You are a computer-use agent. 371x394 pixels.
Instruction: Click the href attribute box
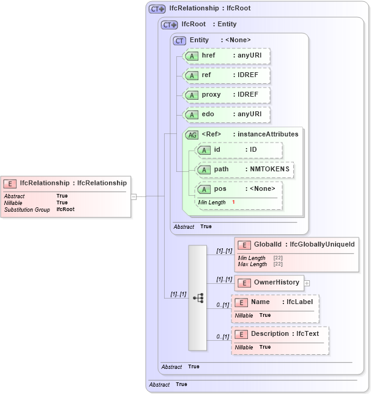pos(227,56)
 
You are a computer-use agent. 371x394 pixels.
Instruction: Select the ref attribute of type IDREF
pos(227,75)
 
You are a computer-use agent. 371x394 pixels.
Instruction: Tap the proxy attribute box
pos(227,95)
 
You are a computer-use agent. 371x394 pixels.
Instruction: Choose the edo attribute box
pos(227,114)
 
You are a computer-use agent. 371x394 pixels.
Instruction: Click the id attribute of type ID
pos(238,150)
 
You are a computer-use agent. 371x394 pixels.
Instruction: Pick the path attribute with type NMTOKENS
pos(244,169)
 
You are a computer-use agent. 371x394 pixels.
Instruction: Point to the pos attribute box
pos(238,189)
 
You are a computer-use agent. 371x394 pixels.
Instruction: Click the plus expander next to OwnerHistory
pos(307,283)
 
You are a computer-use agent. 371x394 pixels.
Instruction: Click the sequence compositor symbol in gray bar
pos(198,298)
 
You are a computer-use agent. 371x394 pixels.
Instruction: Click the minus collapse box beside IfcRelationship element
pos(133,196)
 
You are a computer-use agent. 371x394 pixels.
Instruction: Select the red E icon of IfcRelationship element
pos(10,183)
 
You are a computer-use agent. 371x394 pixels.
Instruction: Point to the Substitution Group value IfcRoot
pos(66,209)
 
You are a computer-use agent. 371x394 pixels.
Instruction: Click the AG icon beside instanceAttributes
pos(192,135)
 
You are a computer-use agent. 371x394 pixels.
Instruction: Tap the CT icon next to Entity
pos(179,40)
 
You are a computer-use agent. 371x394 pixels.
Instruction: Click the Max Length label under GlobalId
pos(252,264)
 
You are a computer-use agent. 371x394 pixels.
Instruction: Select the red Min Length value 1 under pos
pos(233,202)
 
